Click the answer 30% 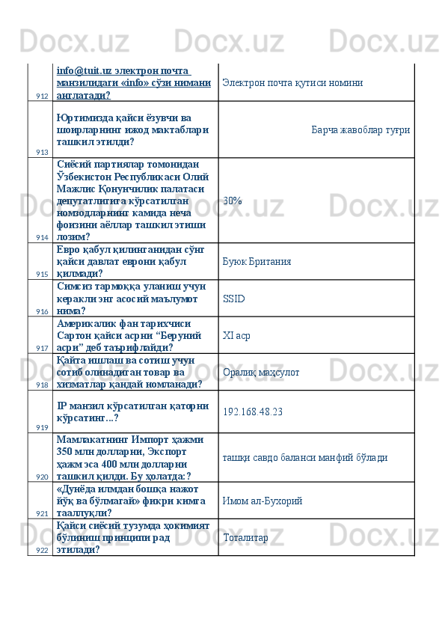[232, 201]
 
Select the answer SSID [233, 299]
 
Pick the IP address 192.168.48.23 [253, 412]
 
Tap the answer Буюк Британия [257, 262]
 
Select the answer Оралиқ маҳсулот [261, 372]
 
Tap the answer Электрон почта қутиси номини [292, 83]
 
